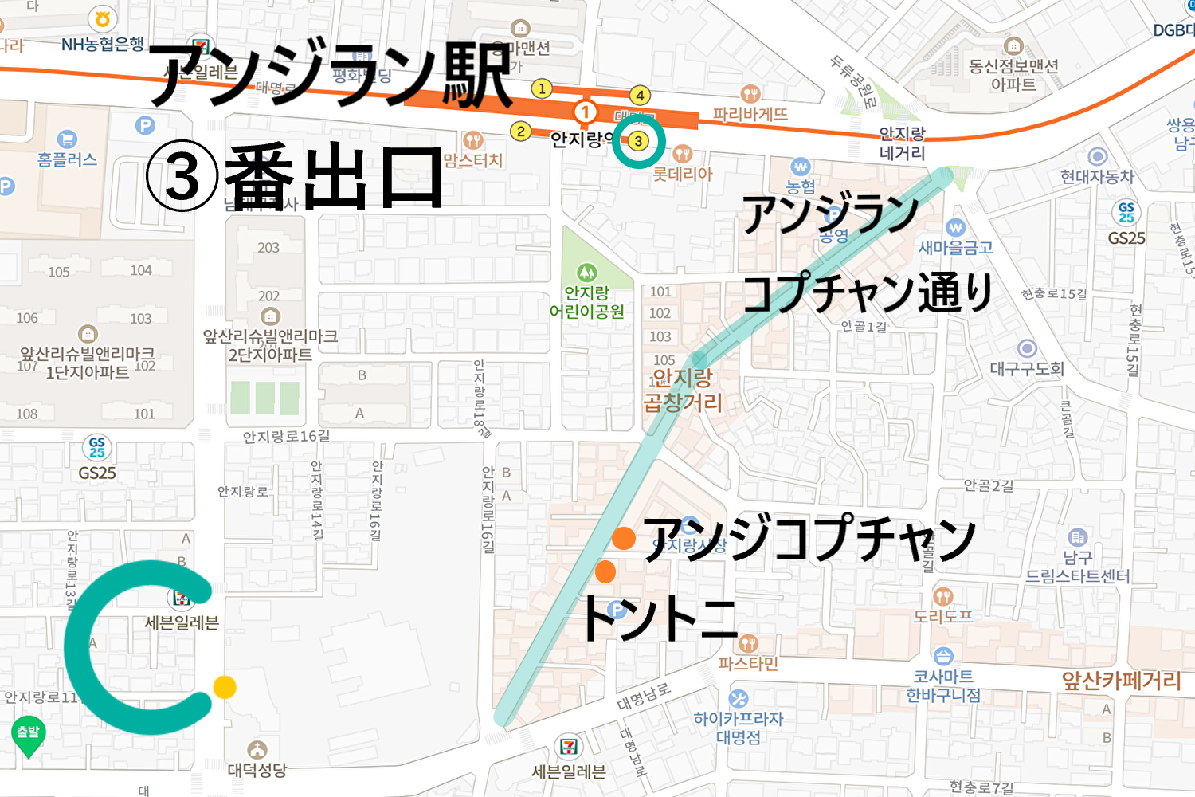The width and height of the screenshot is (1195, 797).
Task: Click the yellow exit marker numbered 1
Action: tap(542, 88)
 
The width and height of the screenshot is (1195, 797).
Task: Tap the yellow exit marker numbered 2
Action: tap(520, 131)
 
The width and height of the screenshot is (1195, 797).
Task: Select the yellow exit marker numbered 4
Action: tap(640, 96)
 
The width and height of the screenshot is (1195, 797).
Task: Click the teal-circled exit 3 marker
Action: tap(638, 141)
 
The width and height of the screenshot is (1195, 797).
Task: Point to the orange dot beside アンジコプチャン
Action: tap(623, 538)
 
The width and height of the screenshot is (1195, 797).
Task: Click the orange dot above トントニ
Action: tap(605, 571)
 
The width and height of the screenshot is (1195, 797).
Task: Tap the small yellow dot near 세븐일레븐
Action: tap(225, 687)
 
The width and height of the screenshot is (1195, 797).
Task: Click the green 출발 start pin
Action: tap(28, 733)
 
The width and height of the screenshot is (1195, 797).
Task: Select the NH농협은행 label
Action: tap(103, 45)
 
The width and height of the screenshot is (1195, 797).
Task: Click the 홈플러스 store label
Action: tap(67, 159)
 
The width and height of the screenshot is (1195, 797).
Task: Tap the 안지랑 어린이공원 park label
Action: tap(587, 302)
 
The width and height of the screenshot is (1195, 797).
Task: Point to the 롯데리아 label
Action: tap(682, 174)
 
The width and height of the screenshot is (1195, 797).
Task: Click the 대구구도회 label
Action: tap(1027, 369)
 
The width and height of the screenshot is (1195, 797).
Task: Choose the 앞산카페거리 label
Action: tap(1121, 681)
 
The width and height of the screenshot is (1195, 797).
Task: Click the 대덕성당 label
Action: tap(257, 770)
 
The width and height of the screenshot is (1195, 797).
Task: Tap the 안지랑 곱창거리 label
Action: tap(683, 390)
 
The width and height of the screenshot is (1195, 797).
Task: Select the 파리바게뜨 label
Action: tap(750, 115)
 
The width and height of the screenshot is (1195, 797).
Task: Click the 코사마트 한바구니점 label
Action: tap(943, 685)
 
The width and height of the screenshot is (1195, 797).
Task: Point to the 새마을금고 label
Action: tap(956, 248)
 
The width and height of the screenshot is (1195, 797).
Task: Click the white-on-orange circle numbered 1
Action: tap(586, 112)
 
